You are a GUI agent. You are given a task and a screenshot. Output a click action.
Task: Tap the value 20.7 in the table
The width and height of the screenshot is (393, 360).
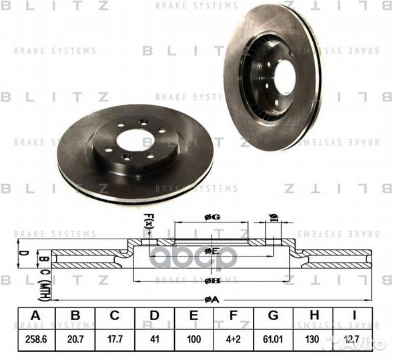(x=75, y=339)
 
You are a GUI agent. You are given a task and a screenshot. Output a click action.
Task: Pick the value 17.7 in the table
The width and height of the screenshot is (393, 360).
(x=115, y=339)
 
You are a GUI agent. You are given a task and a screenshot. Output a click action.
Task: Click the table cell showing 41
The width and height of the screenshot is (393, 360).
(x=155, y=339)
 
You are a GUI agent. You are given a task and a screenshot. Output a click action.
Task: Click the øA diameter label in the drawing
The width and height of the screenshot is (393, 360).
(x=212, y=299)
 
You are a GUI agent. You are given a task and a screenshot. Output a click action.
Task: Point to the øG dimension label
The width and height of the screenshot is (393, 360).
(x=212, y=218)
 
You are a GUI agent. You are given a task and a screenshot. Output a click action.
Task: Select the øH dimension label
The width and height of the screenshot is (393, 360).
(x=212, y=281)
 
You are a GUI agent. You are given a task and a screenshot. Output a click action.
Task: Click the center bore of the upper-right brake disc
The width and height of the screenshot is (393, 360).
(x=284, y=78)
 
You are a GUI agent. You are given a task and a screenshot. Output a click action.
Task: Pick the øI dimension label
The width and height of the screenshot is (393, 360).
(x=273, y=217)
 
